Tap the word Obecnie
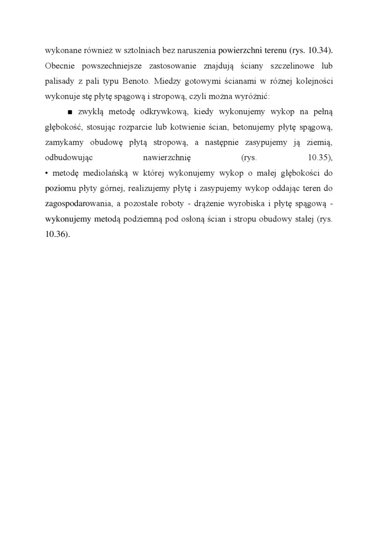pyautogui.click(x=59, y=66)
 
